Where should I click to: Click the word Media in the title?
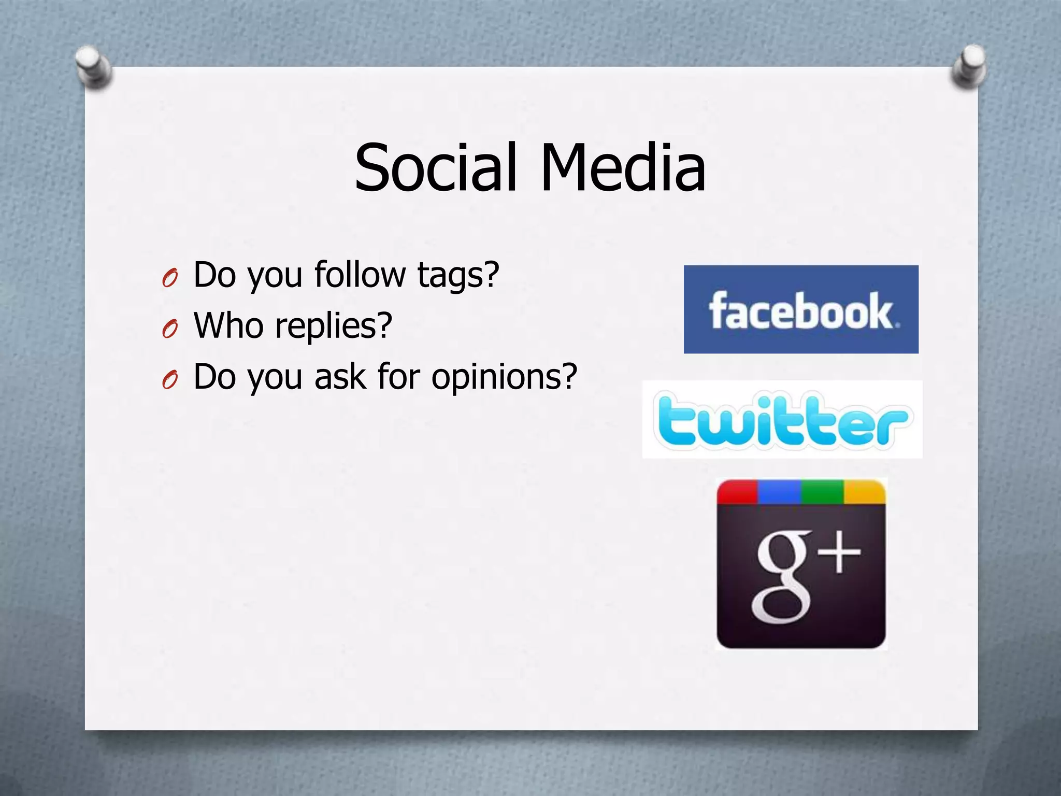[x=623, y=168]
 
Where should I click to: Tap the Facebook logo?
[x=801, y=309]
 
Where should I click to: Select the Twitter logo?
[x=782, y=419]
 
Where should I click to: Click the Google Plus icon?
[x=801, y=564]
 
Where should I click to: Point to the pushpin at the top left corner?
[x=93, y=67]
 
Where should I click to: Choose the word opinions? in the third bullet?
[x=504, y=377]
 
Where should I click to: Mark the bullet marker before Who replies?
[x=170, y=329]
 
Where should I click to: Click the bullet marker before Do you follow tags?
[x=170, y=278]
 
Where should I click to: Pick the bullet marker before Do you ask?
[x=170, y=380]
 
